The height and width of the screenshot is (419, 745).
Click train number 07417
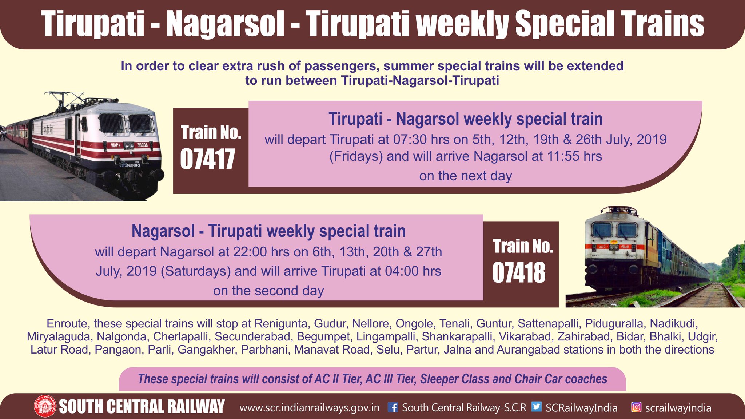207,159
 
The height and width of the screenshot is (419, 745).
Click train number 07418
519,273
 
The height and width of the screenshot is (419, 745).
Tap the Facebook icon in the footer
393,407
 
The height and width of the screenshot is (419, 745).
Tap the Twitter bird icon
536,407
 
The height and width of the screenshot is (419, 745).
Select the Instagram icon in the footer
636,407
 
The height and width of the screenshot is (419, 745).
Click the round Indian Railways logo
45,406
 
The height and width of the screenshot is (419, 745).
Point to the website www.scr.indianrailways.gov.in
309,408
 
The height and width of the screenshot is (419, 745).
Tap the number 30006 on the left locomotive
142,145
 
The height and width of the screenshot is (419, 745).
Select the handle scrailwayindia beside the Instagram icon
678,408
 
